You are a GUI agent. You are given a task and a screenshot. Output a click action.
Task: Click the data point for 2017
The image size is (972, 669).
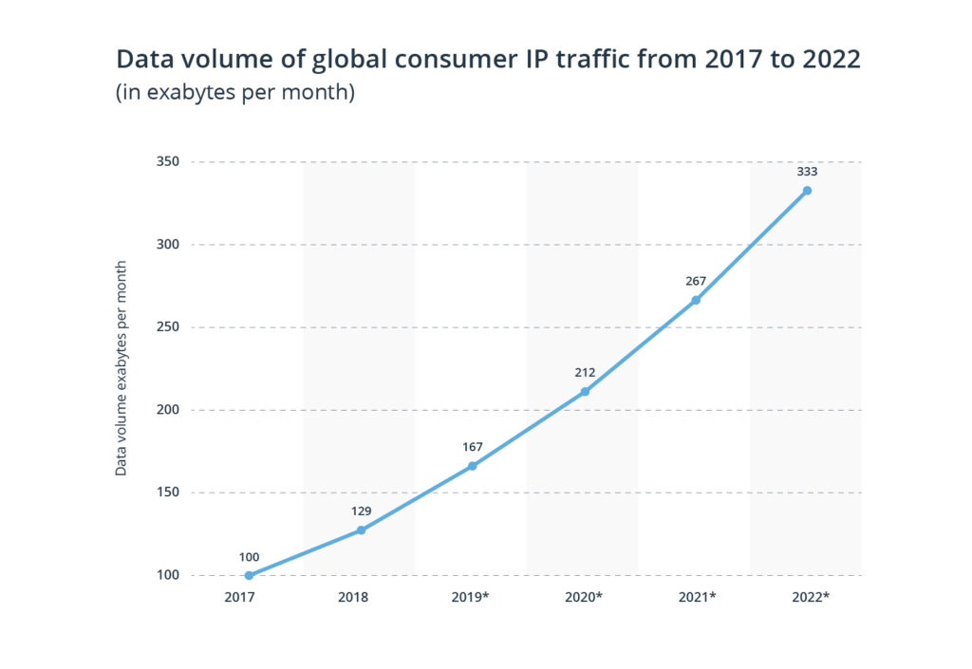tap(249, 575)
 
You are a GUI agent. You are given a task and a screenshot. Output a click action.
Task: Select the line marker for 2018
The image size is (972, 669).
tap(361, 530)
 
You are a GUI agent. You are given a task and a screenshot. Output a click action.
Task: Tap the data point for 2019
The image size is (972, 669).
tap(472, 466)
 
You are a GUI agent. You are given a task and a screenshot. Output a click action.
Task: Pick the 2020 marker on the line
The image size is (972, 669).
tap(584, 392)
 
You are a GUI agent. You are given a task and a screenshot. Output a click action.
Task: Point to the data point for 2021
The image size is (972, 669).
tap(696, 300)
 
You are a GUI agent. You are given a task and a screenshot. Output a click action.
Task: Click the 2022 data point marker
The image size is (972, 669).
tap(807, 191)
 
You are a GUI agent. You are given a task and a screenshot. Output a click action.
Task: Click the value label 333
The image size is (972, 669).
tap(807, 173)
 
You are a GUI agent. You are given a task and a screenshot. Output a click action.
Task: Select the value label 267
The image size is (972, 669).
tap(696, 281)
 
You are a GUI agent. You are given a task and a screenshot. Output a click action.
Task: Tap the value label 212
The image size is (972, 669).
tap(584, 373)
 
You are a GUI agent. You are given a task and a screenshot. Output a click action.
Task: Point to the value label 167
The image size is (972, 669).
tap(472, 447)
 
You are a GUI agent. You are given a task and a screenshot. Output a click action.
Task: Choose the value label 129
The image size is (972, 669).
tap(361, 511)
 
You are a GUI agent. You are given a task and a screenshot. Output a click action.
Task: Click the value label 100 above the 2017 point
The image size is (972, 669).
tap(249, 557)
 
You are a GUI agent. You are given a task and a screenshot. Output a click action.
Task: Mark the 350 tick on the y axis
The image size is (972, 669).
tap(169, 162)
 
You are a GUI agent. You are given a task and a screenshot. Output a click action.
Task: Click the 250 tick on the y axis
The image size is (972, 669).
tap(169, 327)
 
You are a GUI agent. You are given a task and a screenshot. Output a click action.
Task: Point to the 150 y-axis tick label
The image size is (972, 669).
tap(169, 492)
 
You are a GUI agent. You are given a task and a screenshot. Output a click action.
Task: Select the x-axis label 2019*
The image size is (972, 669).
tap(472, 598)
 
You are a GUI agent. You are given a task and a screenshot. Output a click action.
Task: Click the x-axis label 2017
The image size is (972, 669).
tap(249, 598)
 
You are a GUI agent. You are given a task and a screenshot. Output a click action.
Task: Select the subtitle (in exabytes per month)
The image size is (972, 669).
tap(235, 95)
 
